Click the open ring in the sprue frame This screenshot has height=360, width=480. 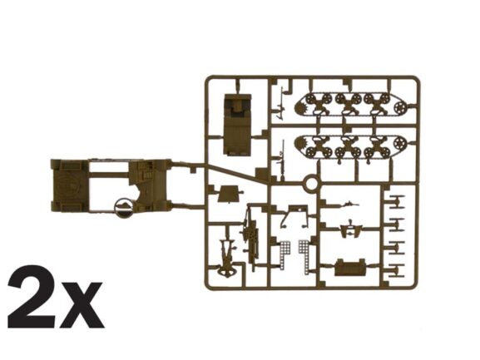pos(311,184)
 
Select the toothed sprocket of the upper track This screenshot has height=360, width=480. pos(301,109)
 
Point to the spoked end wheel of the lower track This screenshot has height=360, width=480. pos(400,142)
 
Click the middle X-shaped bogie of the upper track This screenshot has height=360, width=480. pos(348,104)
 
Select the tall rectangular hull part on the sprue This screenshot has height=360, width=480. pos(238,125)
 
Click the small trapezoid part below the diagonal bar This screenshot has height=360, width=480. pos(227,194)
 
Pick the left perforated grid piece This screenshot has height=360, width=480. pos(284,254)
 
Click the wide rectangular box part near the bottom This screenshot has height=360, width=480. pos(350,268)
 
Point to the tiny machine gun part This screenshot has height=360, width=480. pos(349,203)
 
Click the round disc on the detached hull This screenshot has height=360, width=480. pos(124,208)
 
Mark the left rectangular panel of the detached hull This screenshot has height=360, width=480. pos(70,185)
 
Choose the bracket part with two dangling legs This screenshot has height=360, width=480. pos(294,216)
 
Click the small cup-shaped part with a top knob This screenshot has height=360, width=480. pos(351,229)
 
